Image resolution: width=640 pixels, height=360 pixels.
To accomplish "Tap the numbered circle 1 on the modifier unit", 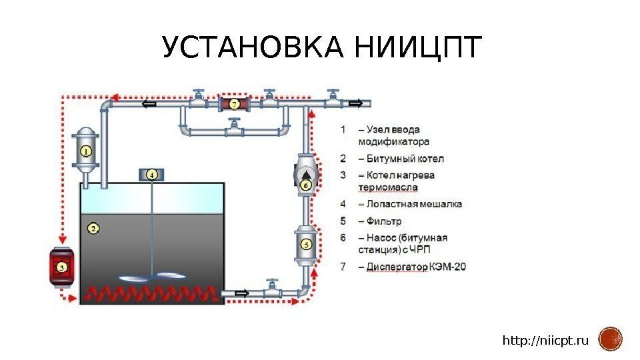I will (86, 151).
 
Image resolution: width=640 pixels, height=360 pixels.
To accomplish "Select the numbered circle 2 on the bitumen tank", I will (94, 228).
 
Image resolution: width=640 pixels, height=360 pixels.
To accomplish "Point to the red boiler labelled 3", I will (61, 267).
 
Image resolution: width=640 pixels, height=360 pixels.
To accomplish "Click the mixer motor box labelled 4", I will (152, 175).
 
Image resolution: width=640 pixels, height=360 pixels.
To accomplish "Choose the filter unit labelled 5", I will (306, 245).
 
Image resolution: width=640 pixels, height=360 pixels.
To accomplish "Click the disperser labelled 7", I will (234, 104).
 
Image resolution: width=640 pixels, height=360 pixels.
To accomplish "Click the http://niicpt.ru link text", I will (545, 341).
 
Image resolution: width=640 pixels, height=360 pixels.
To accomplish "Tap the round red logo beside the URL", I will (610, 339).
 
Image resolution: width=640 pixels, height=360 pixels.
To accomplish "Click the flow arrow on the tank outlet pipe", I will (241, 292).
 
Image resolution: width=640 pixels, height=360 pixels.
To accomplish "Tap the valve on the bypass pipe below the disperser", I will (234, 123).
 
